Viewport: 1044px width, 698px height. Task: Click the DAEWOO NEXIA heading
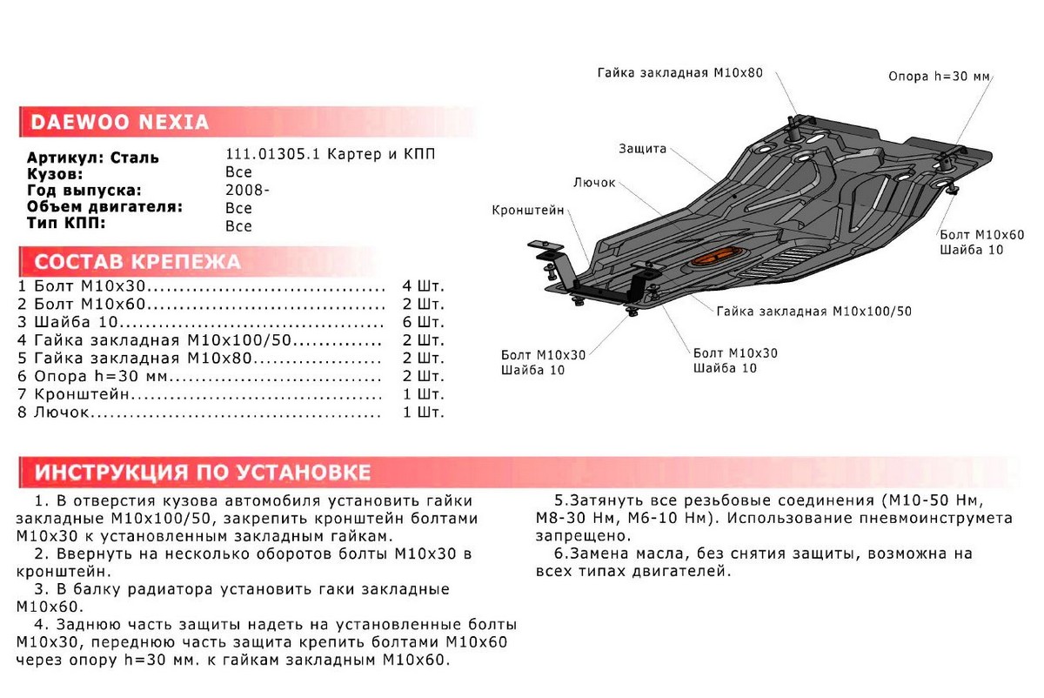coord(120,122)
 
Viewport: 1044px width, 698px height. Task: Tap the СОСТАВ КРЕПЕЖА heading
coord(137,262)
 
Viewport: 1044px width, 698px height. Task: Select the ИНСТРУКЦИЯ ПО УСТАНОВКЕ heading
coord(202,473)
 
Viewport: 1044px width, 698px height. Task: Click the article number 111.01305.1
coord(273,155)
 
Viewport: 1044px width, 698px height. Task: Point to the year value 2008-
coord(247,191)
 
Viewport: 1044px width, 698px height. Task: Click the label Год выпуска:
coord(84,191)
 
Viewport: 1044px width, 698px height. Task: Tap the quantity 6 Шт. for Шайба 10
coord(423,322)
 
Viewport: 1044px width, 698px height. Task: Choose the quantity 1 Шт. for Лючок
coord(423,412)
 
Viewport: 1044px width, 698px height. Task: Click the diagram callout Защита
coord(643,149)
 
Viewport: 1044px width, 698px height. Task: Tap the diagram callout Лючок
coord(595,183)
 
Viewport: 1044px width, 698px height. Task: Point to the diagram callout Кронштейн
coord(527,211)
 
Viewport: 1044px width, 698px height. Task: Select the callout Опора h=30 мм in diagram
coord(939,77)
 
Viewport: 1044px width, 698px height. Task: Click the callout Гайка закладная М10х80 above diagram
coord(679,73)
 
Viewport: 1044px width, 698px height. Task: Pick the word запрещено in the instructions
coord(576,536)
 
